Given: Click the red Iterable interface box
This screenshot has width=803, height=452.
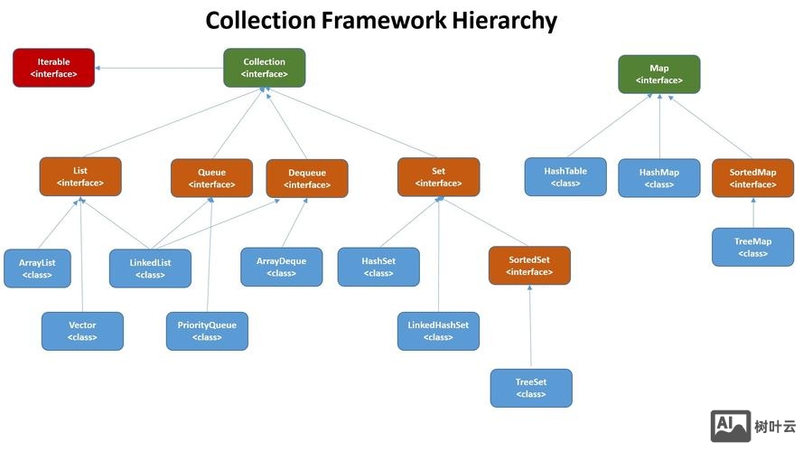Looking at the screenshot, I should pos(53,68).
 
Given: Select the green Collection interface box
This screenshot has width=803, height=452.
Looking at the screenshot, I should pos(265,68).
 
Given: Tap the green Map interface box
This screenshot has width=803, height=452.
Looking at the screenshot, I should pos(659,74).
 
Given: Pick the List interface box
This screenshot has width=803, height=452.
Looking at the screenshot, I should pos(80,176).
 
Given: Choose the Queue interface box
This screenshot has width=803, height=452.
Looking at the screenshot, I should pos(211,178).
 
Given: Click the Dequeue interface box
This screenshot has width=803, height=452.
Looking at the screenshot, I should pos(307,178).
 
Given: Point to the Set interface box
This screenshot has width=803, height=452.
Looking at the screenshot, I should pos(438,176).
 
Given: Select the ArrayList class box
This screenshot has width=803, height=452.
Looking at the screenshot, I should pos(37,268).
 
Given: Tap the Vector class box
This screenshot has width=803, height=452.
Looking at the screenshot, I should pos(82,331).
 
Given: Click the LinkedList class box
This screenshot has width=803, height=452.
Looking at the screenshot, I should pos(150,268).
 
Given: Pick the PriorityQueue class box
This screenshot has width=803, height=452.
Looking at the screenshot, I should pos(207,331).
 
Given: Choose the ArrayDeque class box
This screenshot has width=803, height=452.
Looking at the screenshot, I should pos(281,267).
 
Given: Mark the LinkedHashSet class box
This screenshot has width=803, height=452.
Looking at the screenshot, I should pos(438,331).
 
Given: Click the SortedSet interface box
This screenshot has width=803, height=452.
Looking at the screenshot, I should pos(529,266).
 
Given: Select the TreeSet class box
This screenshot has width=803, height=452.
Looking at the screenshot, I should pos(531,388).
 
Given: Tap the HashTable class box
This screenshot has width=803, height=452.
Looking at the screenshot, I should pos(565,176).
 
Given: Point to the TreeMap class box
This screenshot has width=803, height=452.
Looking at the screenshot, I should pos(752,247).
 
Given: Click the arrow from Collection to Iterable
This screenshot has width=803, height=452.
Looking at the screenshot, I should pos(159,68).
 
